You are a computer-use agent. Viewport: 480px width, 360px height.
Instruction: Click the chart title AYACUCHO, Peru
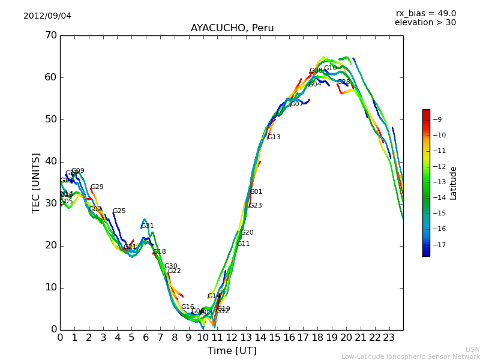[x=232, y=28]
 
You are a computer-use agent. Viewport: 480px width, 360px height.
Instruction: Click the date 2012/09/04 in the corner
[x=47, y=16]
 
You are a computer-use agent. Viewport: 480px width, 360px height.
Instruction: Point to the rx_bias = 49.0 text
[x=425, y=13]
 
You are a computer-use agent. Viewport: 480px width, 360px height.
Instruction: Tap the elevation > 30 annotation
[x=425, y=23]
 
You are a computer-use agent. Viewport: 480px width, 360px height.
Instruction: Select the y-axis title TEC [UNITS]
[x=36, y=182]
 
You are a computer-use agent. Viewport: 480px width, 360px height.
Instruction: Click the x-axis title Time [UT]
[x=232, y=350]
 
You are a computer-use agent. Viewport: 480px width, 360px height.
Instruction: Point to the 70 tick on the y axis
[x=50, y=35]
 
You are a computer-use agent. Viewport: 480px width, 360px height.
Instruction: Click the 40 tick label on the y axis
[x=50, y=161]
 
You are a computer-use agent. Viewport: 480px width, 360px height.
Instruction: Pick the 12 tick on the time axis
[x=232, y=337]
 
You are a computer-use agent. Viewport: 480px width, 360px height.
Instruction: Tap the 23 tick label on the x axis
[x=389, y=337]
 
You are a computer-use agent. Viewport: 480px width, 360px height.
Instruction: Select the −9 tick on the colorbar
[x=437, y=120]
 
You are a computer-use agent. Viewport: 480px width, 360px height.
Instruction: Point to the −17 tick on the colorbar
[x=437, y=245]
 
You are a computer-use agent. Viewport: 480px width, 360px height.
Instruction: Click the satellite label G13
[x=274, y=137]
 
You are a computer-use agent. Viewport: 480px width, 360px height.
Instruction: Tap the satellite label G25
[x=119, y=211]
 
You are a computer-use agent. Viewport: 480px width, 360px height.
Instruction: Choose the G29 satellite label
[x=97, y=187]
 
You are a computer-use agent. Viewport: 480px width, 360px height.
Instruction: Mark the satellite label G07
[x=296, y=104]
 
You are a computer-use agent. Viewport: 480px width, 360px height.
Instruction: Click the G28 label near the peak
[x=344, y=82]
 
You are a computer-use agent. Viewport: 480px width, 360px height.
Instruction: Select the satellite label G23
[x=256, y=206]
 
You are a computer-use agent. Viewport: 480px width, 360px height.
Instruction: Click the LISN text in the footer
[x=472, y=349]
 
